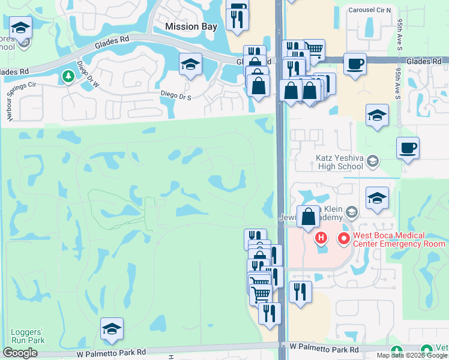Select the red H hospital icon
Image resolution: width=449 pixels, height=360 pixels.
point(321,239)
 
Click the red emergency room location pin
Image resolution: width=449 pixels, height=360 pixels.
point(344,239)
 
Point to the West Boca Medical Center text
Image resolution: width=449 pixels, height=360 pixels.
point(399,240)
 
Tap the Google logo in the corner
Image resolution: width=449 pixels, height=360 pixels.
point(20,353)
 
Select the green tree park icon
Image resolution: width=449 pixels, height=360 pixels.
point(68,76)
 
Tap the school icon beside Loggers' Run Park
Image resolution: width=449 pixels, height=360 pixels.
point(112,328)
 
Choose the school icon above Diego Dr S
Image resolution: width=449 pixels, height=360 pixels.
point(191,63)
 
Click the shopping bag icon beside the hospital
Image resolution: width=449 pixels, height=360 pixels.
point(308,217)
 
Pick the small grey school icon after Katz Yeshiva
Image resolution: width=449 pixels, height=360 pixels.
point(372,160)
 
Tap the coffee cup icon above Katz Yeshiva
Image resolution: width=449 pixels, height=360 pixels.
point(408,148)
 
